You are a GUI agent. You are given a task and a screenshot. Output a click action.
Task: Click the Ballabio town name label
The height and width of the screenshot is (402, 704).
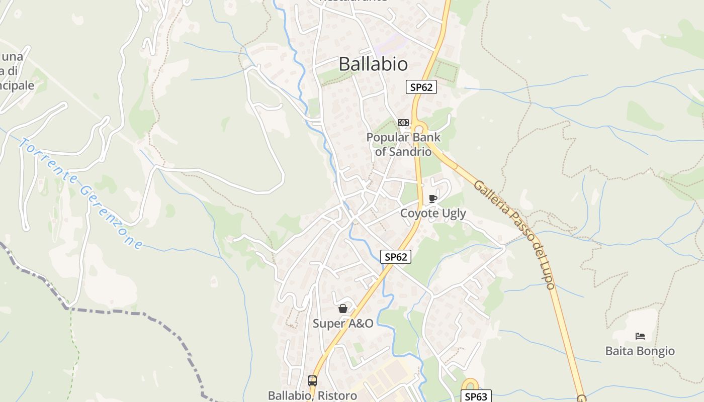[373, 64]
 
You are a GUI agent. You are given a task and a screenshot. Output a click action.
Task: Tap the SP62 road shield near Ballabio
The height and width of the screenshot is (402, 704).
[421, 87]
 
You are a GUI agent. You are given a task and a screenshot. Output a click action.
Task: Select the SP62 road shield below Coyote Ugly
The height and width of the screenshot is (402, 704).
[396, 257]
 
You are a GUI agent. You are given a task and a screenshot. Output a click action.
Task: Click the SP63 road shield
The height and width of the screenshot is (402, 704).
[476, 396]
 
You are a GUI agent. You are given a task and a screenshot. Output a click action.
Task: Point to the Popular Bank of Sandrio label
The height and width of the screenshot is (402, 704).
[403, 144]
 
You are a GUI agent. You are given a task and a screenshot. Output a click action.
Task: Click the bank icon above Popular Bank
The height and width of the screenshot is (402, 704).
[403, 123]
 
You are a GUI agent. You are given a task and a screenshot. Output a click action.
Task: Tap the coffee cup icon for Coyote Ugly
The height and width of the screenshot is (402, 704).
[432, 199]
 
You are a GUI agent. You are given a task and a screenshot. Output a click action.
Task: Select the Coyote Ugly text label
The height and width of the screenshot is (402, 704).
[433, 213]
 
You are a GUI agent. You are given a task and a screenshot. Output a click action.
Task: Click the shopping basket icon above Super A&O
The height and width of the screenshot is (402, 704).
[343, 309]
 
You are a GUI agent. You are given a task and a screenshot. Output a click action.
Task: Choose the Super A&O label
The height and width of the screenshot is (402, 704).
[343, 323]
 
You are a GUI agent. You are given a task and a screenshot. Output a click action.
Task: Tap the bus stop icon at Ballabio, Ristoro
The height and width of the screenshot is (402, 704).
[312, 381]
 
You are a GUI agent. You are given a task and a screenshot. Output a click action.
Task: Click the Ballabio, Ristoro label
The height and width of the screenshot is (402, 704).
[312, 395]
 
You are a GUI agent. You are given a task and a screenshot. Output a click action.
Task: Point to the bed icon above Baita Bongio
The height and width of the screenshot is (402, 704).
[640, 336]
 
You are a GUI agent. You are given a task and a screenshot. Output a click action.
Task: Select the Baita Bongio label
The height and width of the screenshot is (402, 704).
[640, 351]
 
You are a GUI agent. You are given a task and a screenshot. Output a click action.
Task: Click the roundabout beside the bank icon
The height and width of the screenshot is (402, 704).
[420, 129]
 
